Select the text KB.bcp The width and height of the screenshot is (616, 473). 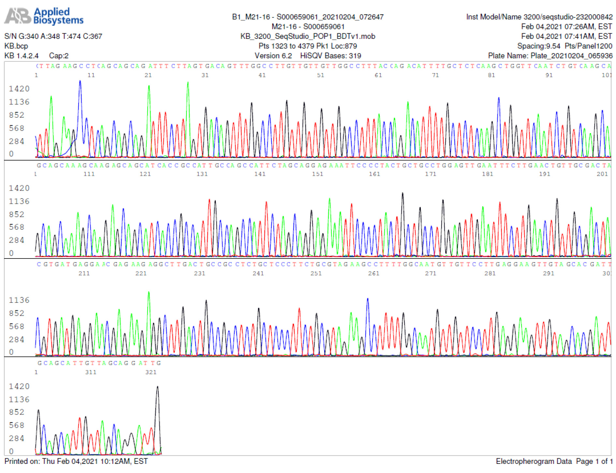[x=16, y=46]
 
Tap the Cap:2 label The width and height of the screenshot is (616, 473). [x=59, y=56]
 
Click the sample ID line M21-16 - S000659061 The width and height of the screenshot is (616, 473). [x=308, y=26]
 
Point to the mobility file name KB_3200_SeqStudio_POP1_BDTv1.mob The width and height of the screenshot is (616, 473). [x=308, y=36]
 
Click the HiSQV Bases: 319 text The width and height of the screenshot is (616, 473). [x=330, y=56]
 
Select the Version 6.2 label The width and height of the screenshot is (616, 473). [x=273, y=56]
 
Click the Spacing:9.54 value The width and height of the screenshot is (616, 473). [x=538, y=46]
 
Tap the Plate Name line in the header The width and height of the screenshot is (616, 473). [x=550, y=56]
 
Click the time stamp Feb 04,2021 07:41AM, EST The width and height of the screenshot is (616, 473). [x=566, y=36]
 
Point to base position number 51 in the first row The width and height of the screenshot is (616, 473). [x=321, y=75]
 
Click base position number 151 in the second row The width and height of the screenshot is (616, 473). [x=317, y=174]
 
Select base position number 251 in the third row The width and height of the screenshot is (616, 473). [x=316, y=273]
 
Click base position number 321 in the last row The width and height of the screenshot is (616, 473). [x=151, y=372]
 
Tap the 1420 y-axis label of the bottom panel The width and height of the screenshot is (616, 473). [x=19, y=386]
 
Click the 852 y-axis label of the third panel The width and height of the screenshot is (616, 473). [x=17, y=313]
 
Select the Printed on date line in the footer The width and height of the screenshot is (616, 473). [x=76, y=461]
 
